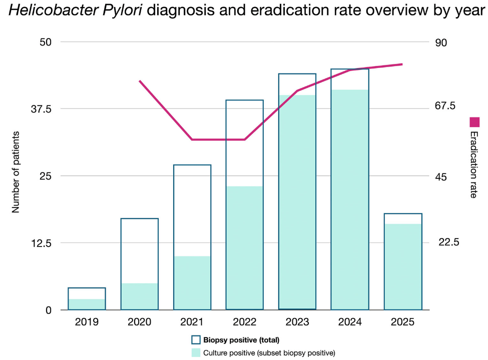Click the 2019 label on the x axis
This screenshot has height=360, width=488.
tap(87, 322)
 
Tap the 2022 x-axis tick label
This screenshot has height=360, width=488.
tap(245, 322)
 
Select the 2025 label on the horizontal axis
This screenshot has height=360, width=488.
tap(403, 322)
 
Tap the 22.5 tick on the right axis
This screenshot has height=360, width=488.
tap(448, 242)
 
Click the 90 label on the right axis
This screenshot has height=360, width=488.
tap(441, 42)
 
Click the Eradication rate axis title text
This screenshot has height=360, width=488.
tap(473, 164)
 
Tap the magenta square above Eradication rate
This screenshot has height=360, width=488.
tap(474, 121)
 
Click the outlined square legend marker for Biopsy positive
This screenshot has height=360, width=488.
tap(196, 340)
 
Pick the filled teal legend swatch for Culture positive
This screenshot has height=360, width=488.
tap(196, 352)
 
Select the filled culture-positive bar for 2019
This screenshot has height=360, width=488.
tap(87, 304)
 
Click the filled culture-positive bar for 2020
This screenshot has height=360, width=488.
tap(140, 296)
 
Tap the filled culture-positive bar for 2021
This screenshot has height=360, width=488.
tap(192, 283)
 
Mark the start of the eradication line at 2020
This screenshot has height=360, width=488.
tap(140, 81)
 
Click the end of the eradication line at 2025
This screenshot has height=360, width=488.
tap(416, 64)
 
